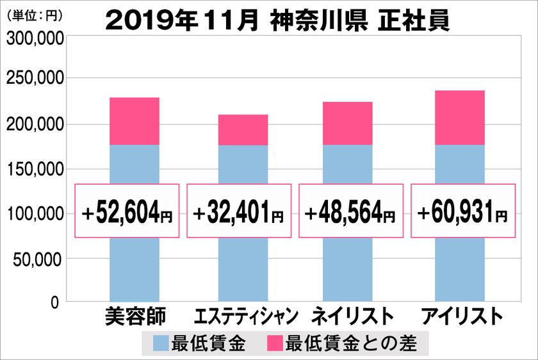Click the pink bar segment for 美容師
134,121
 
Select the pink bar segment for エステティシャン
243,130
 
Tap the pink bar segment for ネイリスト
347,124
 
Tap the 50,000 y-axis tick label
37,259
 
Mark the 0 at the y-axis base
54,301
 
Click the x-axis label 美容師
134,316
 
